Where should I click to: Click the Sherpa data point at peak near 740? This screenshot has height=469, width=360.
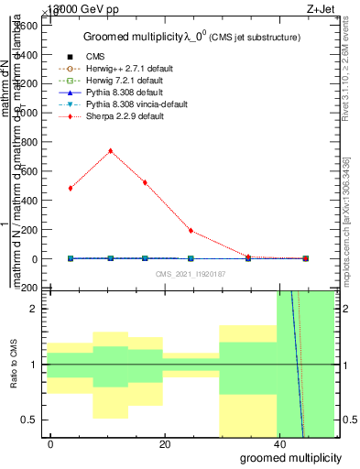[x=111, y=151]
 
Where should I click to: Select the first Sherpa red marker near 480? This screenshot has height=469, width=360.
[x=71, y=188]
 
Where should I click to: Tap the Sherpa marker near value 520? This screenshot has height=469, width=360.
[x=145, y=182]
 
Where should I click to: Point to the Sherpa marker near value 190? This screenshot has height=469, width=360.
[x=191, y=231]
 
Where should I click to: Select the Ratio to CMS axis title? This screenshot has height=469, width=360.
[x=14, y=365]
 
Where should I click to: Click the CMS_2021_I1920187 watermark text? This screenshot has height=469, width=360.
[x=190, y=274]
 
